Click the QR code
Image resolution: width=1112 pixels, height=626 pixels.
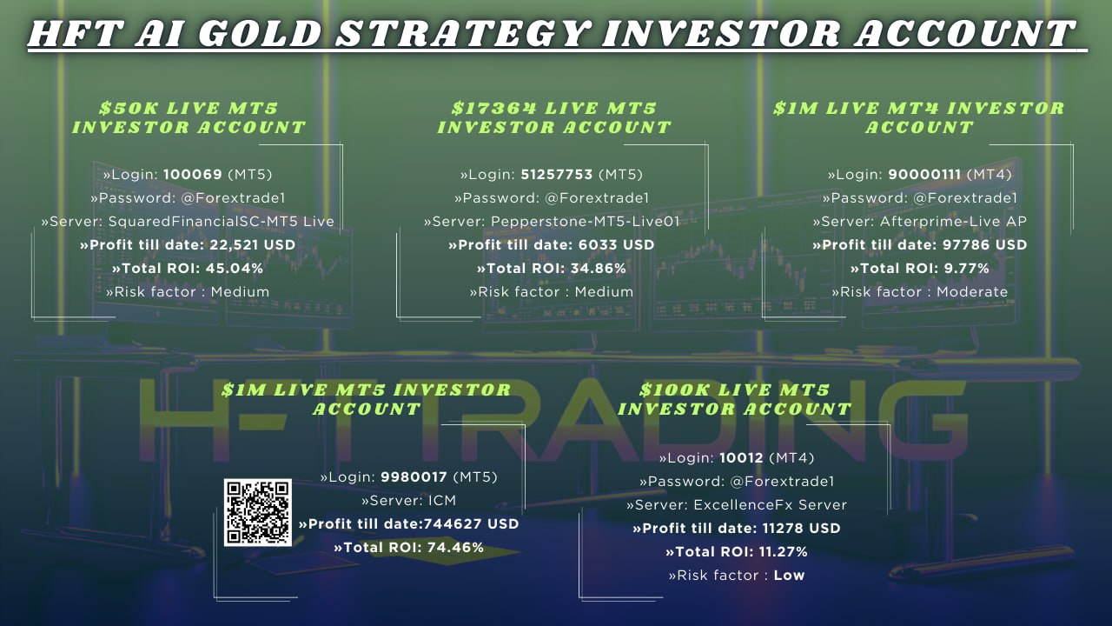pyautogui.click(x=258, y=512)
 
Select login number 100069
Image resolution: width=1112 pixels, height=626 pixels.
pyautogui.click(x=193, y=175)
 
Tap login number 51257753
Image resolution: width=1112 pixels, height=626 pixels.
pyautogui.click(x=557, y=175)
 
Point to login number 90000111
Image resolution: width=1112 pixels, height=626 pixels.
pyautogui.click(x=924, y=175)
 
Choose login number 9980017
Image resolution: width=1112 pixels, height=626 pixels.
pyautogui.click(x=414, y=477)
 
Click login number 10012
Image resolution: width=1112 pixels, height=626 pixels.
pyautogui.click(x=741, y=457)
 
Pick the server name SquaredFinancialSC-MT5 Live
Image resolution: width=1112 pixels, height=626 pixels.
pyautogui.click(x=222, y=222)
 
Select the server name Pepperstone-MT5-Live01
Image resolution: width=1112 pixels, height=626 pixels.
pyautogui.click(x=586, y=222)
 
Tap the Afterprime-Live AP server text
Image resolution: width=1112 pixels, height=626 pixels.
pyautogui.click(x=953, y=222)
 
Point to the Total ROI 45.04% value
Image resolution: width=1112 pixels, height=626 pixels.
pyautogui.click(x=235, y=269)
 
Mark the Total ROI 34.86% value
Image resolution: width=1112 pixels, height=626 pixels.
pyautogui.click(x=599, y=269)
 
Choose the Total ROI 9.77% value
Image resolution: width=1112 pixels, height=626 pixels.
pyautogui.click(x=967, y=269)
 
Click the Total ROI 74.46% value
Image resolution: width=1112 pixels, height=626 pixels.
pyautogui.click(x=455, y=548)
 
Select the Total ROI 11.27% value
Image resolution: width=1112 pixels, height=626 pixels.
pyautogui.click(x=779, y=551)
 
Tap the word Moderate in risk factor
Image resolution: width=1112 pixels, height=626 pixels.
pyautogui.click(x=972, y=291)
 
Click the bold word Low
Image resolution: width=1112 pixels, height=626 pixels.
pyautogui.click(x=790, y=576)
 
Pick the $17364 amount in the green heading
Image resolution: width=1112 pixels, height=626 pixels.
pyautogui.click(x=494, y=109)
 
